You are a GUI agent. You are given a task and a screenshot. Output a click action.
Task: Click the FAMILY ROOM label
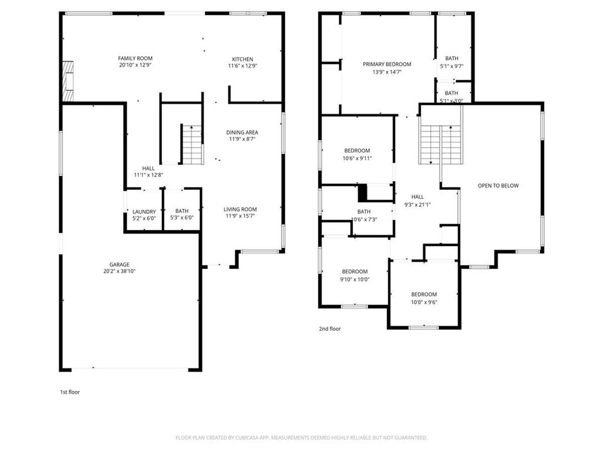pos(135,58)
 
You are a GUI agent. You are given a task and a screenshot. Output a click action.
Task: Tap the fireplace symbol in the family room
pos(68,81)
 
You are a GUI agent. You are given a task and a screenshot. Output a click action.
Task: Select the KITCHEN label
pos(242,60)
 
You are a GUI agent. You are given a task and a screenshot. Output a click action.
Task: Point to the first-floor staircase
pos(193,145)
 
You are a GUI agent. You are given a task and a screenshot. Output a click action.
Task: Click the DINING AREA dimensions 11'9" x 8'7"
pos(242,139)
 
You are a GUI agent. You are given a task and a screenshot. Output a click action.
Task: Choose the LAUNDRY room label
pos(144,212)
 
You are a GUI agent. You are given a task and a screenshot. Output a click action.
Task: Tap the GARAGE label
pos(119,265)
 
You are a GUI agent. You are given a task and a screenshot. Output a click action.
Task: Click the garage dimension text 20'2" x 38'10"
pos(119,271)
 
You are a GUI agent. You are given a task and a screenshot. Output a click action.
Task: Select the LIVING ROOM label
pos(240,209)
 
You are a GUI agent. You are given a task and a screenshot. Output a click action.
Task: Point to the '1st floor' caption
pos(69,392)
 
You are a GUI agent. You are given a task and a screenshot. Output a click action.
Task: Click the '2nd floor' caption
pos(330,329)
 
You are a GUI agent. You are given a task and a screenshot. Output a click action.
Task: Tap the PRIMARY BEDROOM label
pos(387,64)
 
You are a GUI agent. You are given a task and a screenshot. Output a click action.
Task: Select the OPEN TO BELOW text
pos(498,186)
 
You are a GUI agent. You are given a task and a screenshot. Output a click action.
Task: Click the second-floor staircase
pos(440,145)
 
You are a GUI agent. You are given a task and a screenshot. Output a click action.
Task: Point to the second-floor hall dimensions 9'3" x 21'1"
pos(418,205)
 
